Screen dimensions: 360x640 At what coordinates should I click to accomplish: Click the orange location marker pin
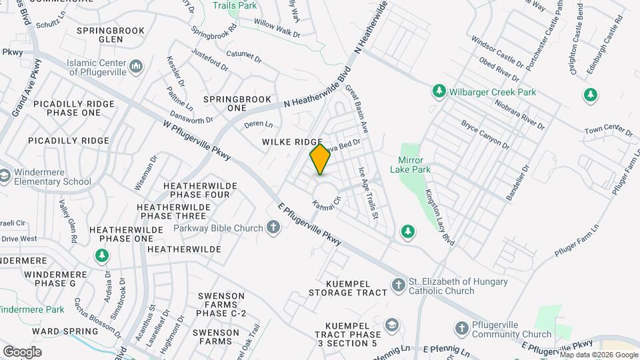(x=320, y=159)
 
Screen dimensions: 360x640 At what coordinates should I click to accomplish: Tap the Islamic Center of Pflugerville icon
(x=136, y=65)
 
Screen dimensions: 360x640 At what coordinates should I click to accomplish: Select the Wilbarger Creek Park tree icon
(x=439, y=91)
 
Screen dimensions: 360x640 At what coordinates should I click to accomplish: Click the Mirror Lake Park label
(x=414, y=165)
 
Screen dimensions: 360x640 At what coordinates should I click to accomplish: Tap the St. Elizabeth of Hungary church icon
(x=398, y=285)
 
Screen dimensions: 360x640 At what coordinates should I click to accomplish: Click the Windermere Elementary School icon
(x=5, y=176)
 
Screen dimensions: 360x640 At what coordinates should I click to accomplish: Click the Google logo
(x=22, y=351)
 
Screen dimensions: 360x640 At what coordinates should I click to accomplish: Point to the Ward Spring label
(x=55, y=331)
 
